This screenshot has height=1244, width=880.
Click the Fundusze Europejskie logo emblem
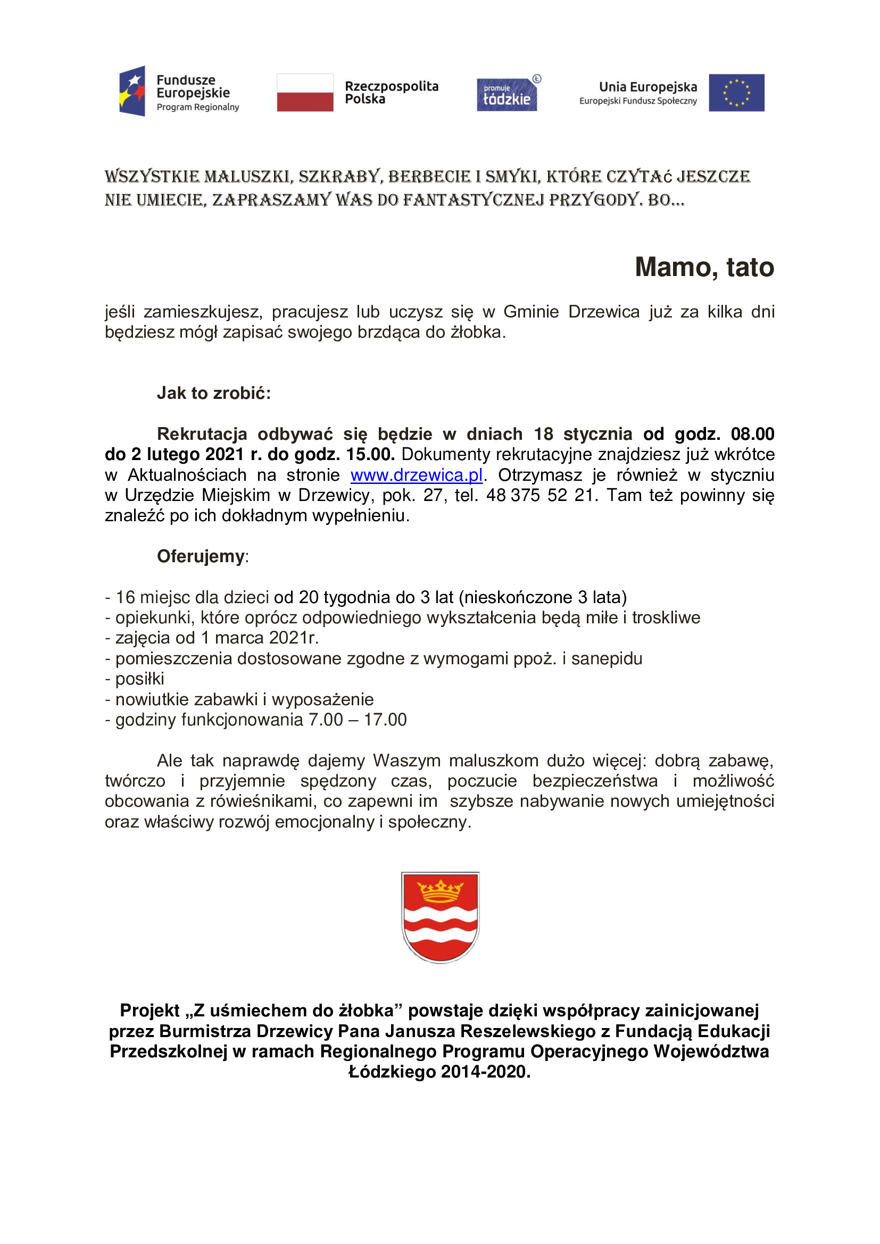click(132, 91)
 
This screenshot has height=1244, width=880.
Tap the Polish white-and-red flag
click(304, 93)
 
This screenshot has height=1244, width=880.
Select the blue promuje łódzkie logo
click(507, 94)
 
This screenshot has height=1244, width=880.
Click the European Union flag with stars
click(736, 93)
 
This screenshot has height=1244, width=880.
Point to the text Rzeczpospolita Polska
click(391, 93)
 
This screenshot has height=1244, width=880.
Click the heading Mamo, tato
click(704, 267)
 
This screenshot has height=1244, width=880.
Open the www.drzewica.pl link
click(416, 475)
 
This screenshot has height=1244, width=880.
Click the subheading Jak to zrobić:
click(213, 393)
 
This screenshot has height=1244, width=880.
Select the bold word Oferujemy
click(201, 556)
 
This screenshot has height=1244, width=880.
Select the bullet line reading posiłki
click(139, 679)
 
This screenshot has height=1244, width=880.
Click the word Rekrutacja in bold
click(202, 434)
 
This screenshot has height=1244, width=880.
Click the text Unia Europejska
click(647, 87)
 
